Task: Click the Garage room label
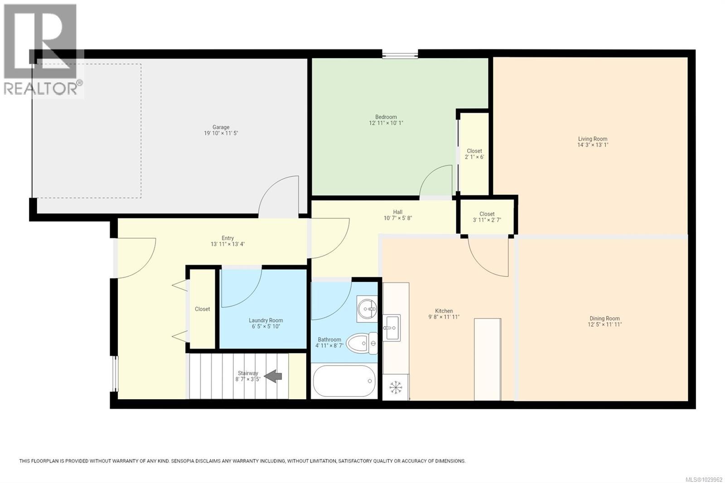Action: click(221, 127)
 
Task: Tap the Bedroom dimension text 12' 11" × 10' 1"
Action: click(386, 123)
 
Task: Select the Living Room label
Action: click(592, 139)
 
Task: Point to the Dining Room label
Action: click(604, 319)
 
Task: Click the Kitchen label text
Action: click(444, 311)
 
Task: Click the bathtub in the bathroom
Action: click(344, 381)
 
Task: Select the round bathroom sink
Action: click(367, 309)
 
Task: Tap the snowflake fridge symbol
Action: click(396, 387)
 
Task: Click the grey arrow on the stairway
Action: click(273, 376)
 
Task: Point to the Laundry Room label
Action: click(266, 320)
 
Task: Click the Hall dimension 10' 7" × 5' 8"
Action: click(397, 218)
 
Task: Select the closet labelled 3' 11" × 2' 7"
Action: click(487, 217)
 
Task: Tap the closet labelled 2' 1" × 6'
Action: click(474, 154)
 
